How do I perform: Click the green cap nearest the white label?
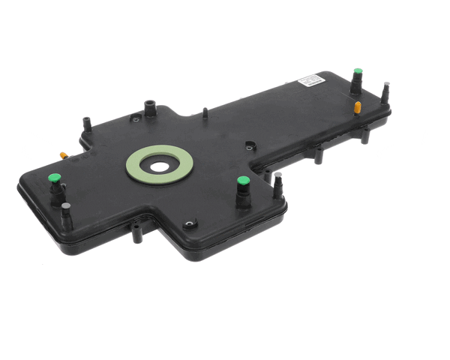[358, 73]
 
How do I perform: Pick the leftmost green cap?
[54, 178]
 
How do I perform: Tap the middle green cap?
[243, 181]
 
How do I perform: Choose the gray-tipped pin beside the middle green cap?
[277, 177]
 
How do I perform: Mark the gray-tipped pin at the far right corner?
[386, 85]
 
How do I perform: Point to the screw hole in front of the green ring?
[189, 223]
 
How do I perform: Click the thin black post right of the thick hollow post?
[205, 112]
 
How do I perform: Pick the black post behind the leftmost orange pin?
[86, 121]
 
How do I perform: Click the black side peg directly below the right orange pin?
[364, 136]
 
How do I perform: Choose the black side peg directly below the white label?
[319, 155]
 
